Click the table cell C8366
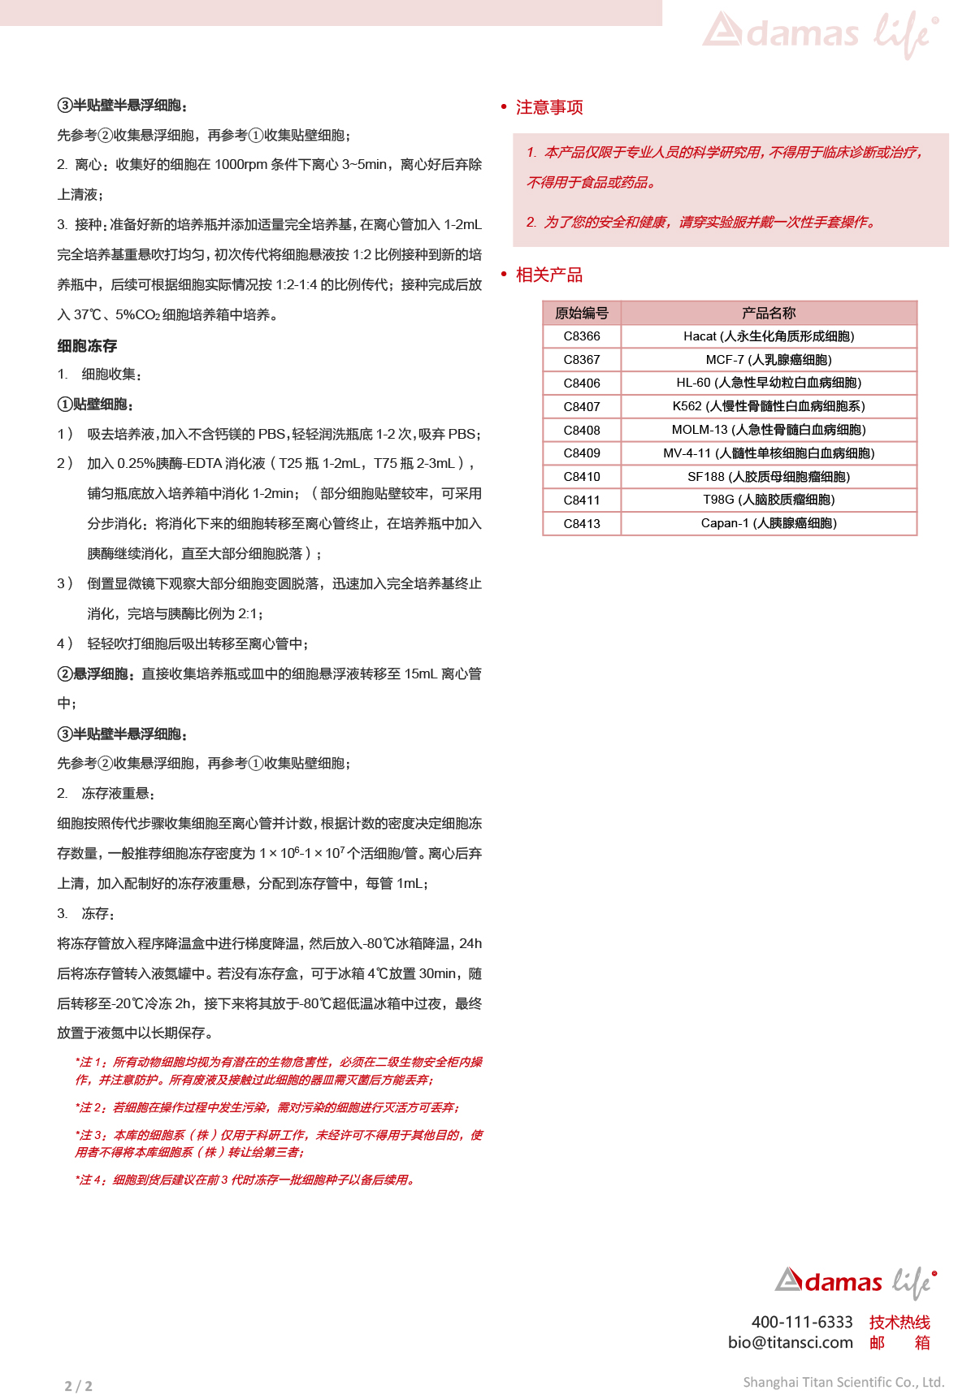coord(582,336)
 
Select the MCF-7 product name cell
coord(769,360)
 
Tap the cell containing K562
coord(769,406)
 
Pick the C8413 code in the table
coord(582,524)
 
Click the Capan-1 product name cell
coord(769,524)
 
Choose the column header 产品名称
coord(769,314)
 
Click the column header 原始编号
coord(582,314)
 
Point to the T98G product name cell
coord(769,500)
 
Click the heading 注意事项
coord(549,107)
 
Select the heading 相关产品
coord(549,275)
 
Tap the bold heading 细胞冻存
coord(87,346)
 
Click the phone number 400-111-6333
coord(802,1323)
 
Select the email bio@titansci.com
coord(791,1343)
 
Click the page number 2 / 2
coord(79,1386)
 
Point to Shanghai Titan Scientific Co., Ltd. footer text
coord(843,1382)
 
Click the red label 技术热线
coord(899,1323)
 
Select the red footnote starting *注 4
coord(245,1180)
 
